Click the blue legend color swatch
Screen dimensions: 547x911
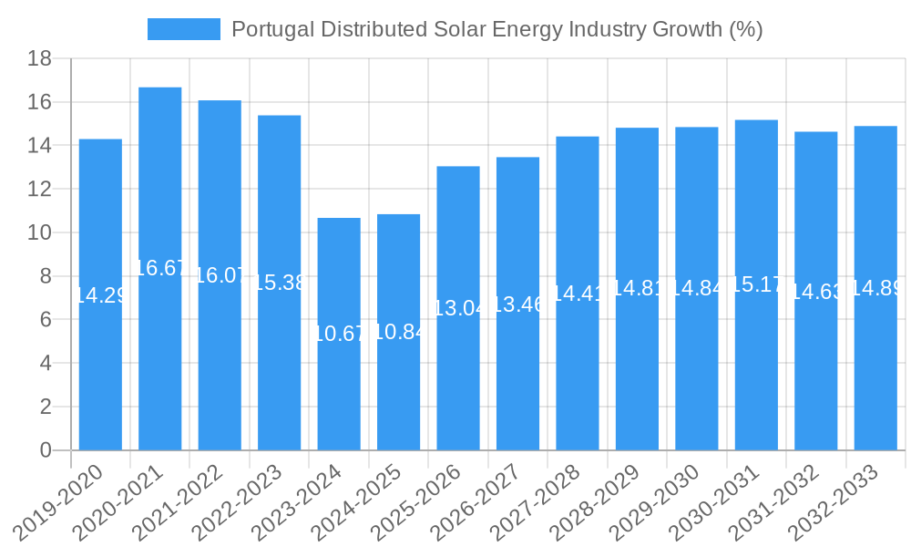point(184,29)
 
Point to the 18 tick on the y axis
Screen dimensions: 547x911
point(39,59)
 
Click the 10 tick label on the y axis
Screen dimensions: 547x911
point(39,233)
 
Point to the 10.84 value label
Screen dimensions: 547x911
point(399,332)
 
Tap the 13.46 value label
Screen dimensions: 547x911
point(517,304)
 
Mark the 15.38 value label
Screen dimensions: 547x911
point(279,283)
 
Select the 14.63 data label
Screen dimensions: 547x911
point(816,292)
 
